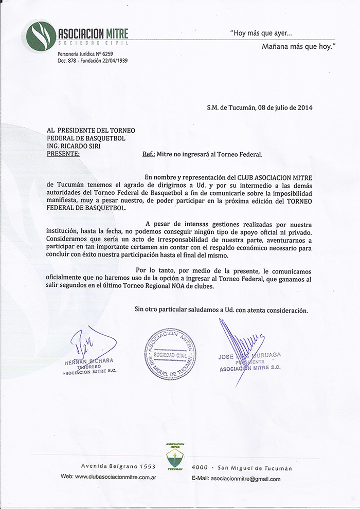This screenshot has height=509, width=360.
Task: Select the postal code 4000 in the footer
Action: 200,468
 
